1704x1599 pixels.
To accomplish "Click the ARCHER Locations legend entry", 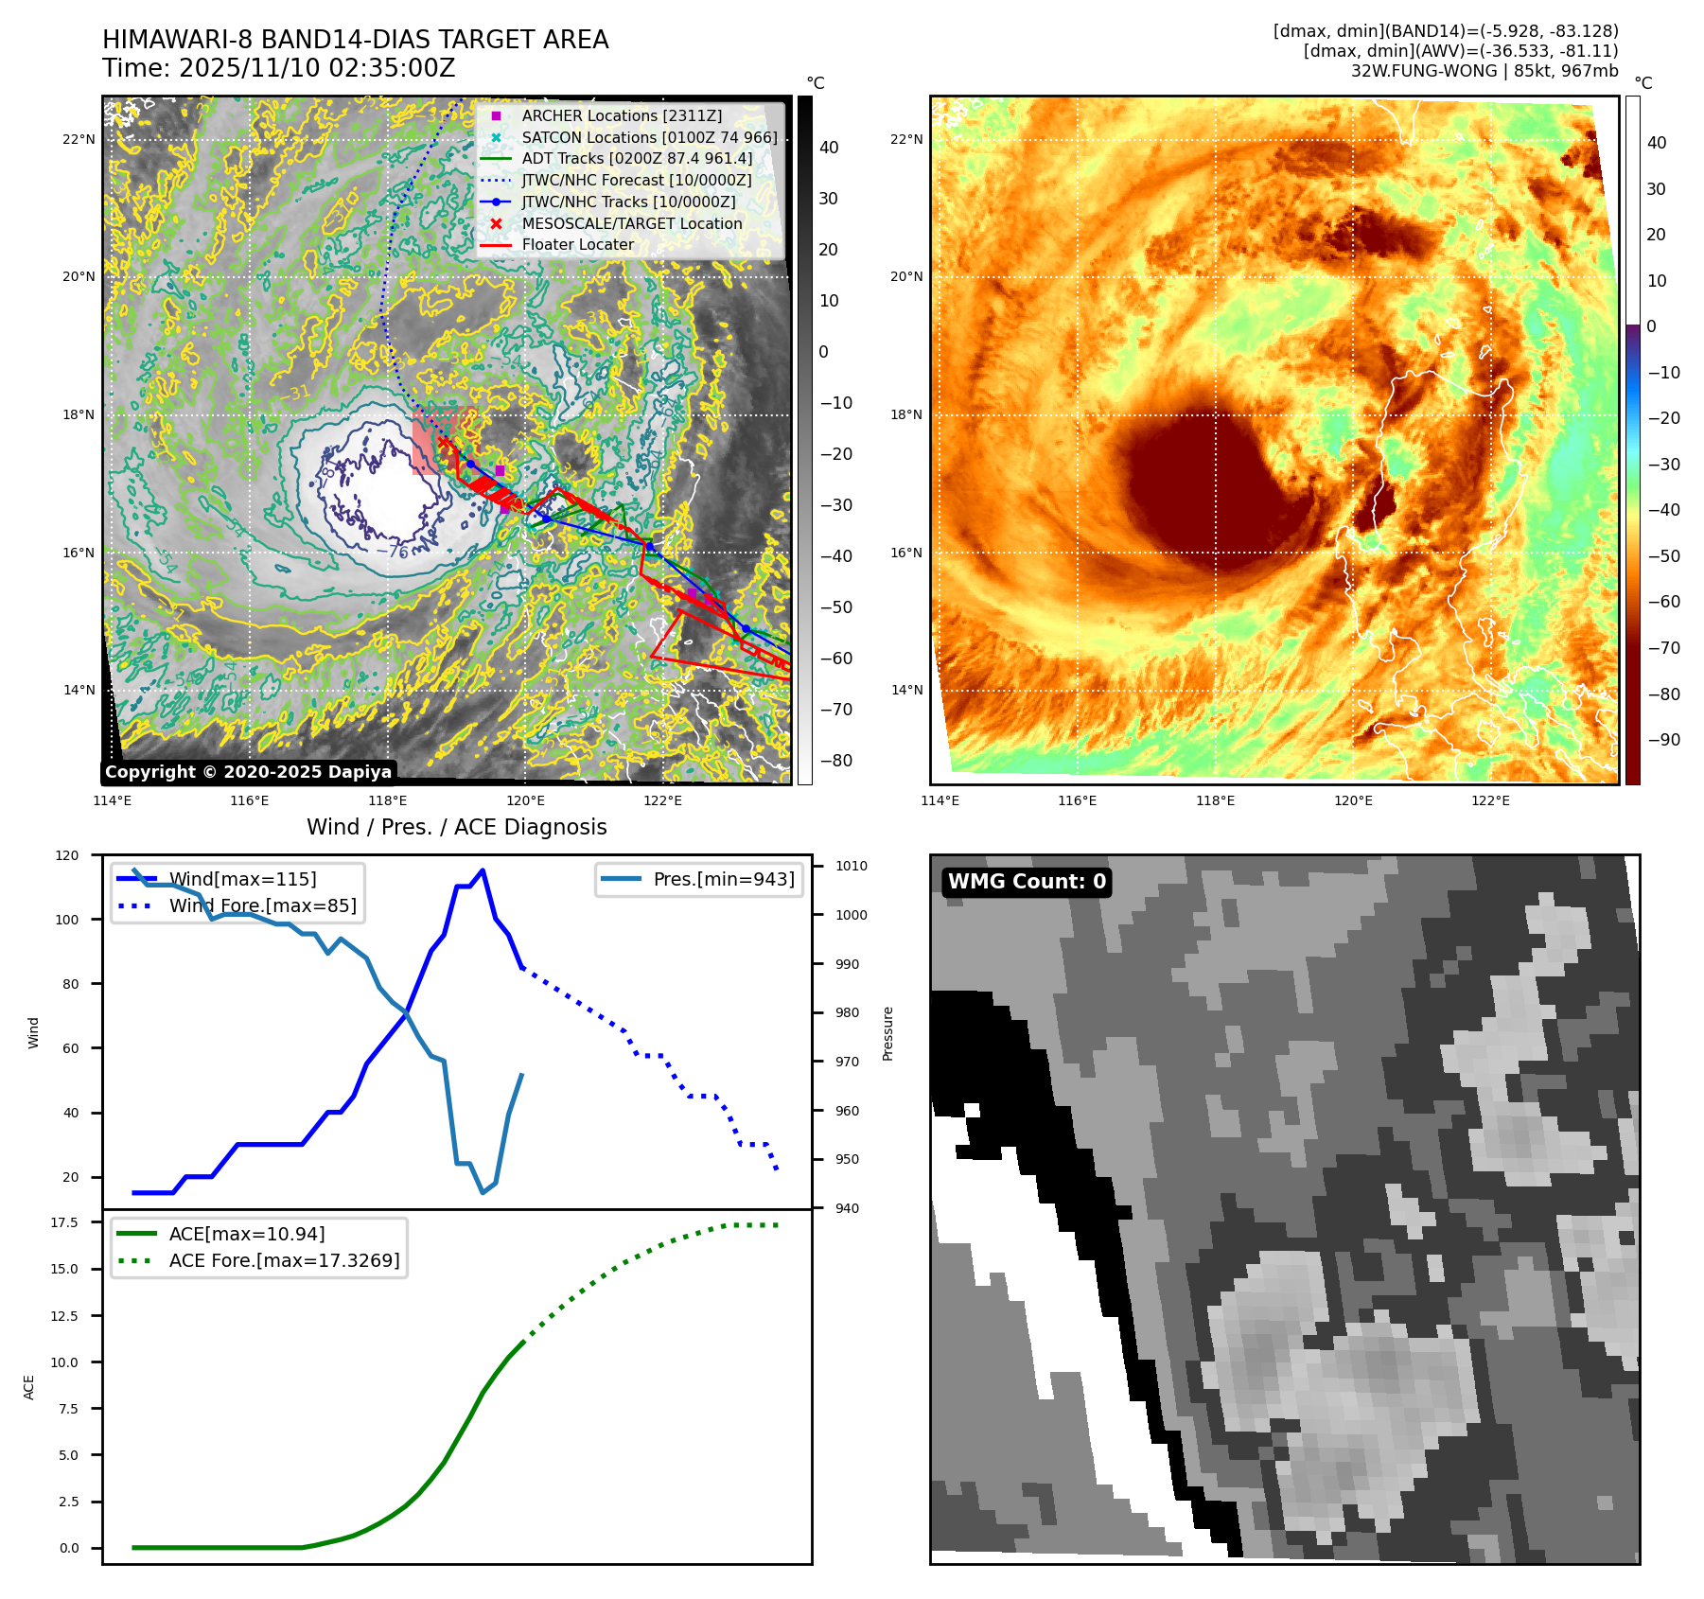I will pyautogui.click(x=622, y=115).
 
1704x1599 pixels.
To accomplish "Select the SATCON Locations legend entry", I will pyautogui.click(x=649, y=137).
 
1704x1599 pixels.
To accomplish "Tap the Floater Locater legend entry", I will pyautogui.click(x=577, y=244).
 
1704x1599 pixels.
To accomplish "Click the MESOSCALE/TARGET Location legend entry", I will pyautogui.click(x=631, y=223).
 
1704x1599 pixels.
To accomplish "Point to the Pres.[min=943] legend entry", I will pyautogui.click(x=723, y=879).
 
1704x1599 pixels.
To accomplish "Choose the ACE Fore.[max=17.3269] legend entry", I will pyautogui.click(x=284, y=1260).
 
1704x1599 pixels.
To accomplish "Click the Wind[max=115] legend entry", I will pyautogui.click(x=242, y=879).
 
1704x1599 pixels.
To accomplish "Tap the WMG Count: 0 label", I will pyautogui.click(x=1027, y=882).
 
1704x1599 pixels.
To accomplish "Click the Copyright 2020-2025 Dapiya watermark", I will pyautogui.click(x=248, y=772).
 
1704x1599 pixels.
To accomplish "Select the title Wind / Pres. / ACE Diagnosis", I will pyautogui.click(x=457, y=827).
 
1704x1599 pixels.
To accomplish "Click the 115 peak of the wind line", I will pyautogui.click(x=483, y=870).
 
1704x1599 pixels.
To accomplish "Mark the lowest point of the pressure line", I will pyautogui.click(x=483, y=1192).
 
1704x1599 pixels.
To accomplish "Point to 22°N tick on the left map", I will pyautogui.click(x=79, y=139).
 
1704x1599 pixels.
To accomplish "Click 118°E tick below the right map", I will pyautogui.click(x=1215, y=800).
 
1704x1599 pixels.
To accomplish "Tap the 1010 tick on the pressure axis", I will pyautogui.click(x=851, y=866).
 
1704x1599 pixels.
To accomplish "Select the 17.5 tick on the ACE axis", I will pyautogui.click(x=65, y=1222).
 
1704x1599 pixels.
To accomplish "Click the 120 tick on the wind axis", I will pyautogui.click(x=67, y=855).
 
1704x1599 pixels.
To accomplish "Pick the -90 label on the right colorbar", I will pyautogui.click(x=1663, y=740).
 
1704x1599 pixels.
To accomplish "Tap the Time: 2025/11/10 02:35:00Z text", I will pyautogui.click(x=279, y=68).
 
